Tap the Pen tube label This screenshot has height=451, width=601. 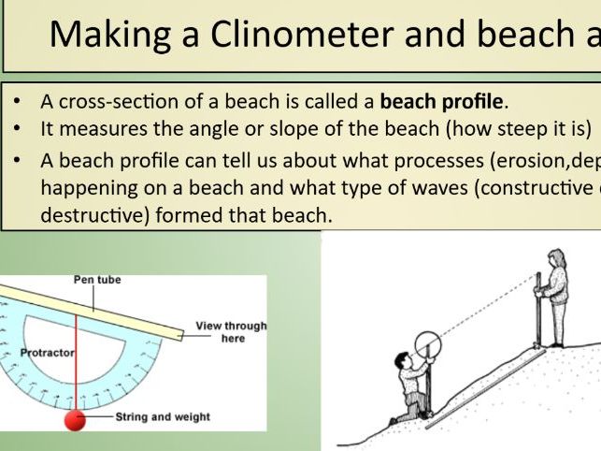tap(97, 280)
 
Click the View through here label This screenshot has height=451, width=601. tap(231, 332)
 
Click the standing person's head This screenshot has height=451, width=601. tap(557, 257)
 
